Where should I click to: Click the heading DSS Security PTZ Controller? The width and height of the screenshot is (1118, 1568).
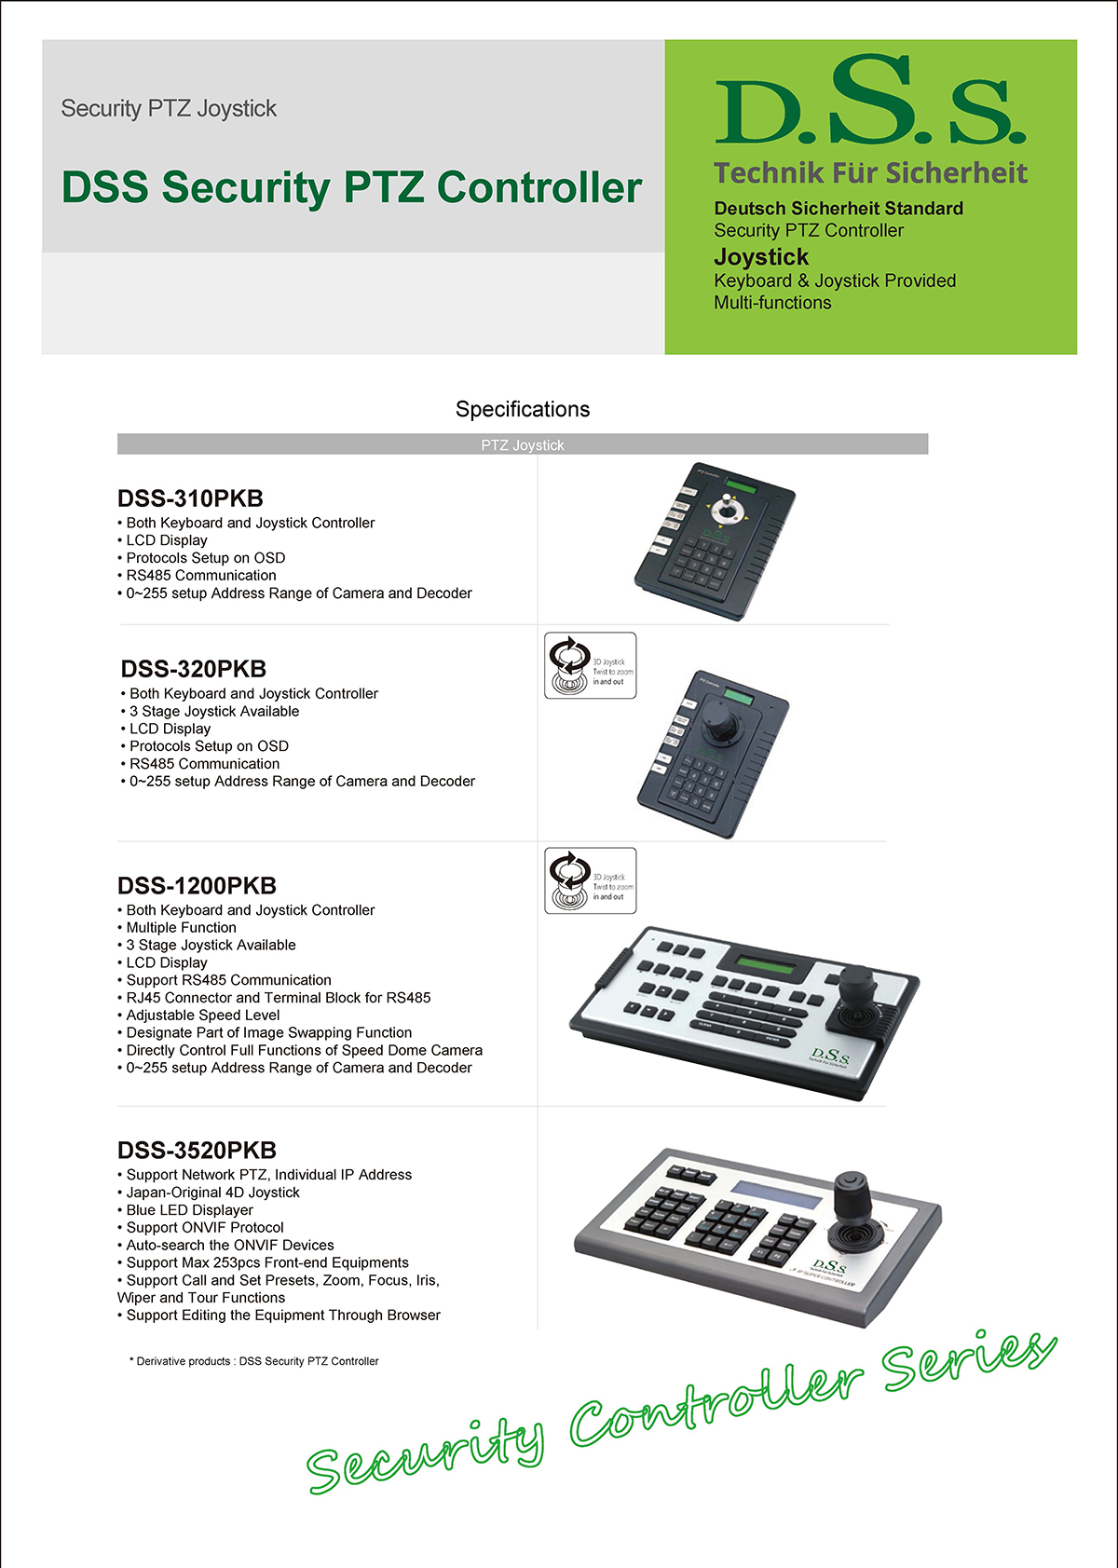[351, 187]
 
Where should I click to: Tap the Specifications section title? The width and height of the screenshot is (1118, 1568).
[522, 409]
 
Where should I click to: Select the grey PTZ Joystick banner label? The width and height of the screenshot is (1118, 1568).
[522, 444]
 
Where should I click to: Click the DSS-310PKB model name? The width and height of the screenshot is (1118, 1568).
[190, 498]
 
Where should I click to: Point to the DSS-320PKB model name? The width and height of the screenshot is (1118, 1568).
[194, 669]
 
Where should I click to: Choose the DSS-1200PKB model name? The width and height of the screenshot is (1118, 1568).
[197, 885]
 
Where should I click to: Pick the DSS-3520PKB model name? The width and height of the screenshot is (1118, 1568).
[197, 1150]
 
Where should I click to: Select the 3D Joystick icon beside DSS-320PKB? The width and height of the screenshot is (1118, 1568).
[590, 665]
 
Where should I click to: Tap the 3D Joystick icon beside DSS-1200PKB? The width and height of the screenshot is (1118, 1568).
[590, 880]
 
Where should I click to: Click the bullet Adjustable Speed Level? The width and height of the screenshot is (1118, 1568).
[202, 1016]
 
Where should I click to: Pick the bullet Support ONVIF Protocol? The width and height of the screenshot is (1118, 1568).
[204, 1228]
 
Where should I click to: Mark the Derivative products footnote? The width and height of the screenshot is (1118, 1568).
[254, 1361]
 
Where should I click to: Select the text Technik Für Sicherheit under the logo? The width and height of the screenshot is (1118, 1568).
[870, 173]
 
